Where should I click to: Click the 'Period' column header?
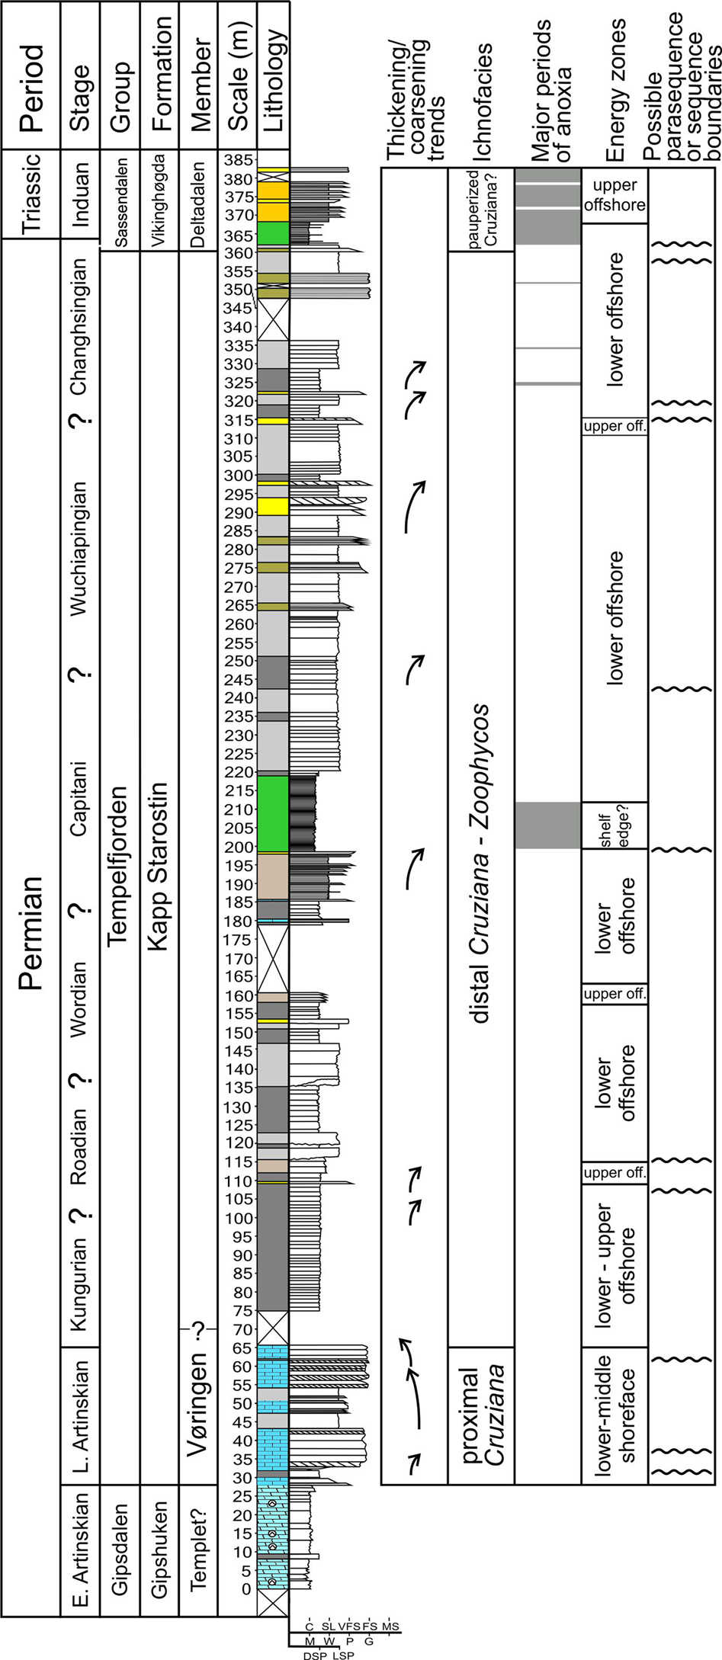click(x=31, y=75)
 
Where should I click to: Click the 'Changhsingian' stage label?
click(x=79, y=326)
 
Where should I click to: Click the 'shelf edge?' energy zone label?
click(x=615, y=825)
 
